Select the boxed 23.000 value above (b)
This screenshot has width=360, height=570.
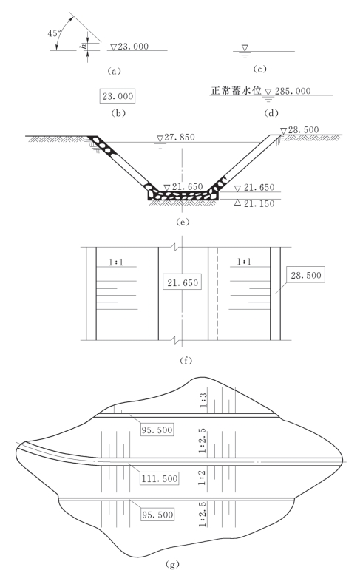coord(118,96)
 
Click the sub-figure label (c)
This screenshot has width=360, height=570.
coord(259,69)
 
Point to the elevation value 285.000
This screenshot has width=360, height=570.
coord(293,91)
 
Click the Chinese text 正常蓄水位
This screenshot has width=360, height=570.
coord(237,90)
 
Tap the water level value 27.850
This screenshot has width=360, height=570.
coord(180,137)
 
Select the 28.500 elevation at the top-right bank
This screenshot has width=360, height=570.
coord(303,130)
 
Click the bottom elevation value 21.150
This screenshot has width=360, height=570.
coord(259,203)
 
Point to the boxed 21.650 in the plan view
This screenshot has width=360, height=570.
coord(183,282)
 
